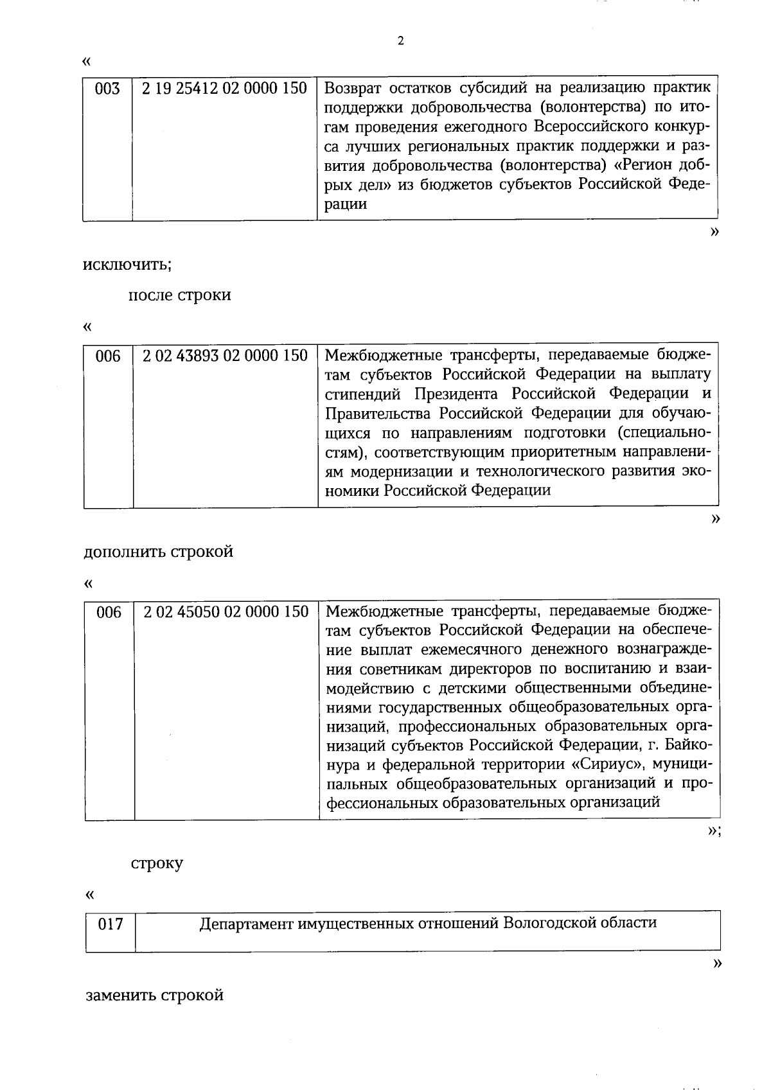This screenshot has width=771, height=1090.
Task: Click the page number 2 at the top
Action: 400,42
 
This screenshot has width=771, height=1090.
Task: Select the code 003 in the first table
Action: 107,89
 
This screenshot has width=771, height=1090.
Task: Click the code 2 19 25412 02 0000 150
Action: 224,89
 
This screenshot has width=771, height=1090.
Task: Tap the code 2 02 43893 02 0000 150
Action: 225,355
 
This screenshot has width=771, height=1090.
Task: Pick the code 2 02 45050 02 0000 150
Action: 226,611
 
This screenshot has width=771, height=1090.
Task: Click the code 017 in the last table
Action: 110,926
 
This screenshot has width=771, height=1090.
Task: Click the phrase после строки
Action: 180,295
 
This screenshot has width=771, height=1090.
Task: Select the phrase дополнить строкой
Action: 158,552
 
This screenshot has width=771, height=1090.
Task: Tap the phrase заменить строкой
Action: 154,995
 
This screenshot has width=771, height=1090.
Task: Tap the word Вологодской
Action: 549,923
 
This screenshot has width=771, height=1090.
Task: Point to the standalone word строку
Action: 157,863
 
